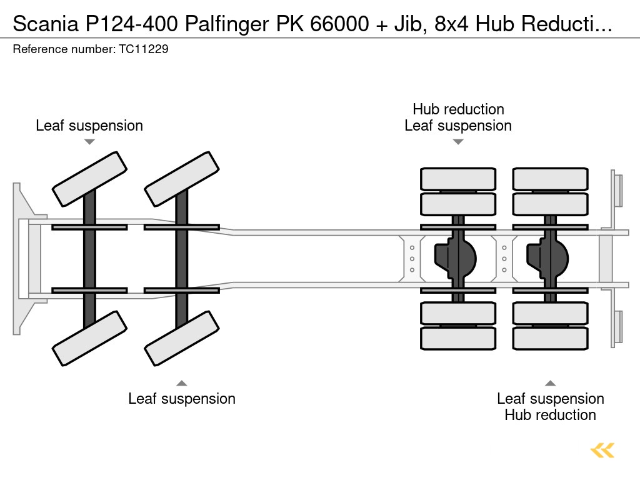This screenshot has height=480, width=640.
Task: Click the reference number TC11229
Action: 143,49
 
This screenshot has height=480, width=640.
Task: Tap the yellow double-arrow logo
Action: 602,450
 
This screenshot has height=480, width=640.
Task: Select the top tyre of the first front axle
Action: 89,179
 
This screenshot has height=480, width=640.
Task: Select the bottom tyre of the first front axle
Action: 89,338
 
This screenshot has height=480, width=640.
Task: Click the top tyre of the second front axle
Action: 182,179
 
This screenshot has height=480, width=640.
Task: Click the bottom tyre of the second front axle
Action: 182,338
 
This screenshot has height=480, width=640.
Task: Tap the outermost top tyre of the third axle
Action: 458,179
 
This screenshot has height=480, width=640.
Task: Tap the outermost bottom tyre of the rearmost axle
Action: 550,338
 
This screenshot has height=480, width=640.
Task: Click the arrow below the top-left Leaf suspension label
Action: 89,142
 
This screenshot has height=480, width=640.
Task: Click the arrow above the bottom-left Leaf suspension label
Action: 182,383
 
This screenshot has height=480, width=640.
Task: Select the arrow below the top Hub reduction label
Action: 458,142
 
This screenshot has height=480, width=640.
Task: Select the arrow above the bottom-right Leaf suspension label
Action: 550,383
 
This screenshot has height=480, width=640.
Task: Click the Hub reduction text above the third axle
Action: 458,109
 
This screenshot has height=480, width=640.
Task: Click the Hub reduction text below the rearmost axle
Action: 550,415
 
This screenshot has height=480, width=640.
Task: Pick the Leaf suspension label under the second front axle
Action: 182,399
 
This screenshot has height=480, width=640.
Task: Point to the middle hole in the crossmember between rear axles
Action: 504,258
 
